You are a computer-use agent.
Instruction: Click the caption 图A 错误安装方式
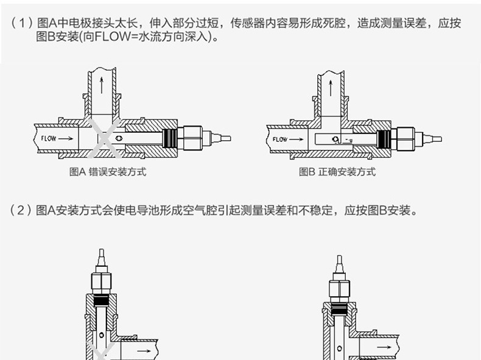(107, 172)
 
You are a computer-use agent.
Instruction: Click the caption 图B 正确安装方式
(337, 172)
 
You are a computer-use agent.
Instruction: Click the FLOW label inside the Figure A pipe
(49, 138)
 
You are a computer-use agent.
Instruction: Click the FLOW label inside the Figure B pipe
(280, 139)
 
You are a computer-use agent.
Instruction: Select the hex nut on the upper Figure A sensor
(193, 138)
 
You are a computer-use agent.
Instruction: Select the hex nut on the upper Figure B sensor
(406, 139)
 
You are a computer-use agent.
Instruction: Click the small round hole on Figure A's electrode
(121, 138)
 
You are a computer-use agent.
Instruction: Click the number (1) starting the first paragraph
(21, 24)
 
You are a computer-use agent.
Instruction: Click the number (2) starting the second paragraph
(21, 211)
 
